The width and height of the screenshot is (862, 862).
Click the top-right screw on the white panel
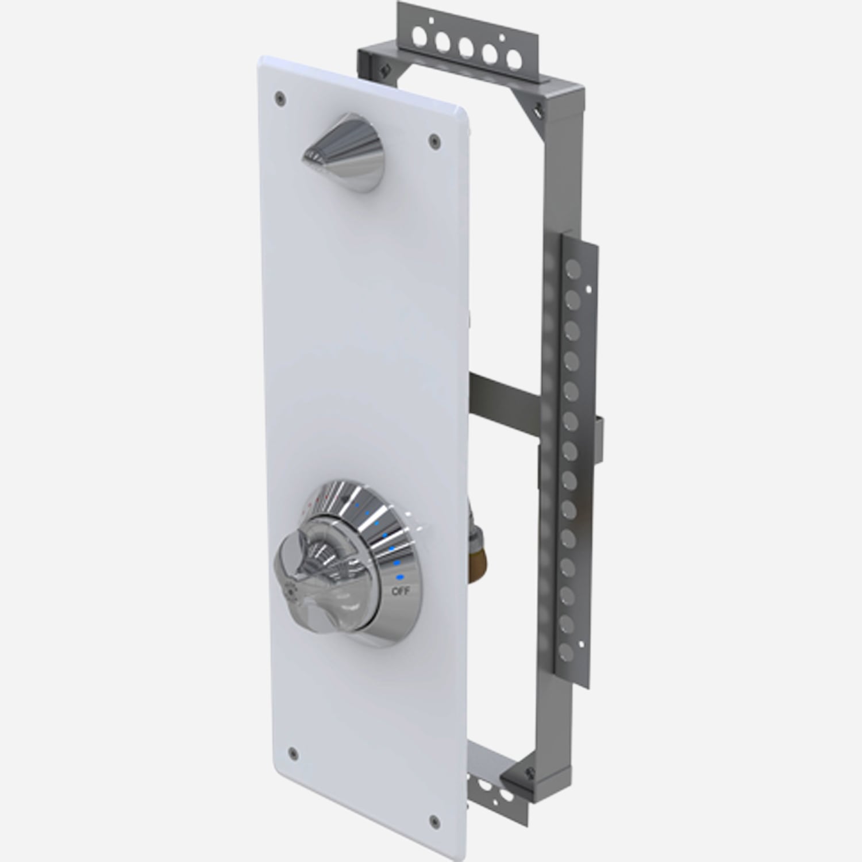click(433, 137)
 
